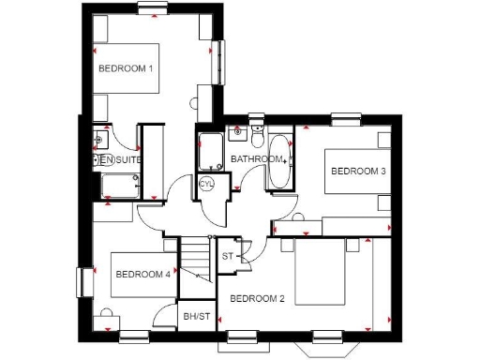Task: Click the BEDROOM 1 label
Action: [x=126, y=68]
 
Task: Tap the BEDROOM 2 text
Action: [x=257, y=299]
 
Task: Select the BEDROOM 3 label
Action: [x=357, y=172]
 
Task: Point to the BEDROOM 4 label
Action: [x=142, y=275]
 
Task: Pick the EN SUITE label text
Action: [x=122, y=160]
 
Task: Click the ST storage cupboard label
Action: [x=228, y=255]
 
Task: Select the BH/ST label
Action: [x=196, y=317]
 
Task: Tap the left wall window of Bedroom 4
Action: [x=81, y=282]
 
